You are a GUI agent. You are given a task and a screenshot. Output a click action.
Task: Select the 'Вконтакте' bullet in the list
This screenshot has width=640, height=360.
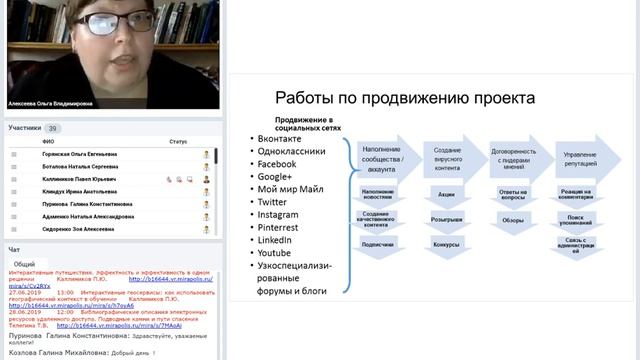point(280,138)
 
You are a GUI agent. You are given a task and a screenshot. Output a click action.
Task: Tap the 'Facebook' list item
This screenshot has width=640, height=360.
point(277,164)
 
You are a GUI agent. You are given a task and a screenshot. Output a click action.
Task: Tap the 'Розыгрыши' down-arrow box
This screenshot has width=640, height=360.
point(447,218)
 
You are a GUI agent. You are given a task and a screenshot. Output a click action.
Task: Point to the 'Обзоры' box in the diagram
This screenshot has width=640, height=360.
point(513,219)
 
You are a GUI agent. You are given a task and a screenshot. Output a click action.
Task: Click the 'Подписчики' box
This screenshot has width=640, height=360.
point(378,244)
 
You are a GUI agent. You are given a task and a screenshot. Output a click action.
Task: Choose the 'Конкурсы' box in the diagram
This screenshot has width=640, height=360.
point(447,244)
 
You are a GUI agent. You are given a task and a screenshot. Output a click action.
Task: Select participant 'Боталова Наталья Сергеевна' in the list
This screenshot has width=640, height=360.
point(81,167)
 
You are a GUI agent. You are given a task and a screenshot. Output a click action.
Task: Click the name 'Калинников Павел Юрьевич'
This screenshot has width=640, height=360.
point(80,179)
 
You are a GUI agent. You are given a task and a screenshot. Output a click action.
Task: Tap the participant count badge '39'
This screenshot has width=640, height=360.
point(53,128)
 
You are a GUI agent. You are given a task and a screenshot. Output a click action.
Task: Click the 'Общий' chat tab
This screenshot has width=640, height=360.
point(24,264)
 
